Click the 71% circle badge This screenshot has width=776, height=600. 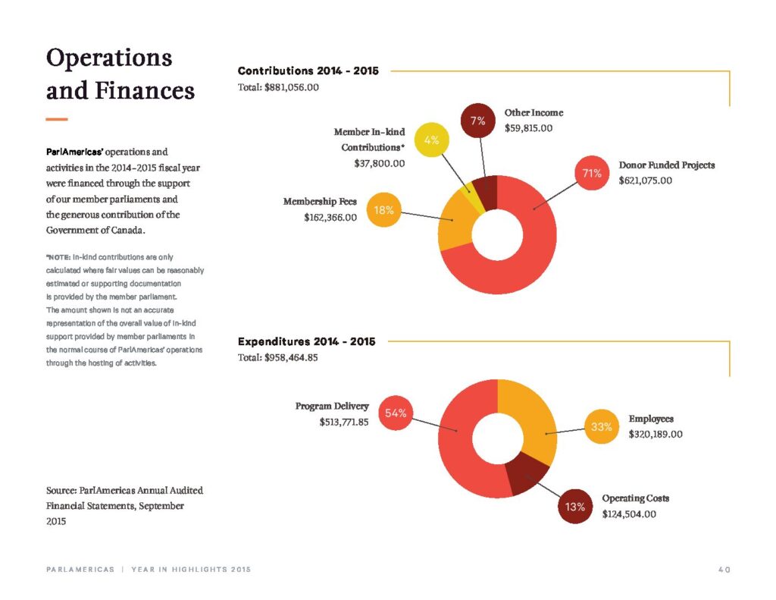(592, 174)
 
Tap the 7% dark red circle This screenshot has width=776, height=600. (478, 121)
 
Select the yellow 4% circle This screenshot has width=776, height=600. (431, 140)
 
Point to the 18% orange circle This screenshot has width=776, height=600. (383, 210)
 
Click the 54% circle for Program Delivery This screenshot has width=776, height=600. (396, 413)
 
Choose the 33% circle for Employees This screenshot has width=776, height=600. (602, 426)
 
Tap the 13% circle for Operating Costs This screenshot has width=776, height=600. (575, 507)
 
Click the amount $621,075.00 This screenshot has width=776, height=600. (646, 181)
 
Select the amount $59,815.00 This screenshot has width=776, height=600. (528, 128)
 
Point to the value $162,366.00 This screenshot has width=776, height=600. (330, 218)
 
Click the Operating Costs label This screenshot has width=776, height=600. (636, 498)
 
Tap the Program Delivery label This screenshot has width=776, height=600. (332, 407)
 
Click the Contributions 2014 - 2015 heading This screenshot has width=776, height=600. (308, 71)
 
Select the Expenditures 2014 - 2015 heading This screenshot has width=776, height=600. (306, 341)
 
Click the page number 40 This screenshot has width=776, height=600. (724, 570)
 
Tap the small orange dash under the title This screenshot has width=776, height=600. (56, 119)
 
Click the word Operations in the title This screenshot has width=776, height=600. (109, 58)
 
